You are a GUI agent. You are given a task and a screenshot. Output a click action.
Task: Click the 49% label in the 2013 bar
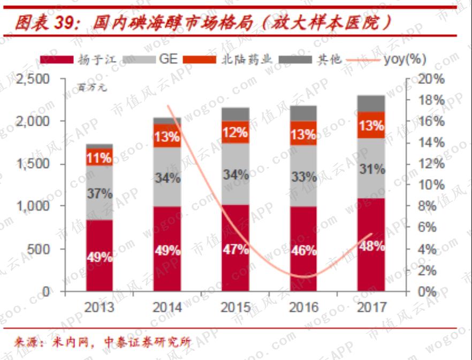coord(99,257)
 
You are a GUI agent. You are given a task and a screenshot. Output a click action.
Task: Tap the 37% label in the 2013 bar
coord(99,193)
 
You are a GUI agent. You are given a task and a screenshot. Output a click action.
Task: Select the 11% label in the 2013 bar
coord(99,158)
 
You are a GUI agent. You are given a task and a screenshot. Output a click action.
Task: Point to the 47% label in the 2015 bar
coord(235,249)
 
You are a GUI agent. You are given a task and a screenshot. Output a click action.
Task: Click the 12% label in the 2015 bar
coord(235,132)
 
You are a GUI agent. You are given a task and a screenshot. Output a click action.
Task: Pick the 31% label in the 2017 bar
coord(371,170)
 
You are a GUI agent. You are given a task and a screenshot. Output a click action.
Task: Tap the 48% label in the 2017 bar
coord(371,247)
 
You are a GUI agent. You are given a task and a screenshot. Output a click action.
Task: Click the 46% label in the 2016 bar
coord(303,250)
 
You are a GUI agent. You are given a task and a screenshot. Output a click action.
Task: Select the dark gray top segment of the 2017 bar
coord(371,103)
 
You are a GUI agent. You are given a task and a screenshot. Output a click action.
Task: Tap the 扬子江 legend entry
coord(80,59)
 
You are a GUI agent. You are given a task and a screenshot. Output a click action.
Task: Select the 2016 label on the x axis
coord(303,308)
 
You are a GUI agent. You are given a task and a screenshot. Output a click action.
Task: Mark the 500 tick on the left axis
coord(47,249)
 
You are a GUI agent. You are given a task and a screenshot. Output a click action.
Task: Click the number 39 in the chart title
coord(68,22)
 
